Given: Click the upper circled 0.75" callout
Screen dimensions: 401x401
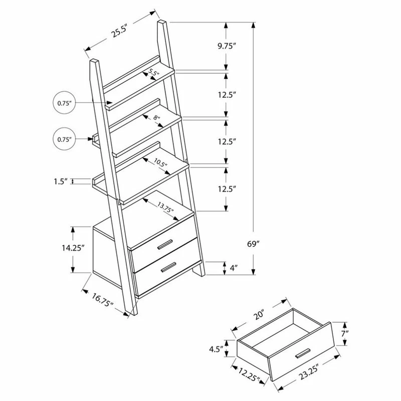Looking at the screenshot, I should pyautogui.click(x=64, y=104).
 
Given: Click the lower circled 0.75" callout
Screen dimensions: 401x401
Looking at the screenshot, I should pyautogui.click(x=64, y=139).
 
